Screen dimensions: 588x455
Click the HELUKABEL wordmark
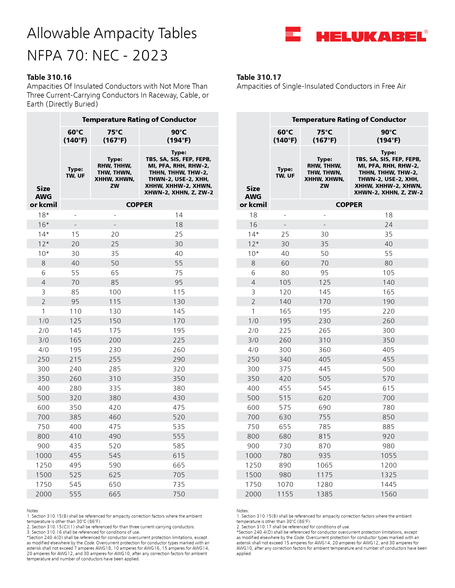(371, 37)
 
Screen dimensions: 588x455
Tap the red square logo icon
(293, 34)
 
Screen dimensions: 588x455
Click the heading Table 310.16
(49, 77)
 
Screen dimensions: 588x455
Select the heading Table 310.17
(259, 77)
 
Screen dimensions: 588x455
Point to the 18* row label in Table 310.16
(43, 215)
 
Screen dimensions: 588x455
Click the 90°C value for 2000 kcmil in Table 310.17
(388, 494)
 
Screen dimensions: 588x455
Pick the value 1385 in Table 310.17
(325, 494)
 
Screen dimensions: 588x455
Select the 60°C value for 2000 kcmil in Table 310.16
(75, 494)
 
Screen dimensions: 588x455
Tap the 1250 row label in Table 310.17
(253, 465)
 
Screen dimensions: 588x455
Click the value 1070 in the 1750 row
(285, 484)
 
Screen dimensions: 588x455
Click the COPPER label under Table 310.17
(349, 205)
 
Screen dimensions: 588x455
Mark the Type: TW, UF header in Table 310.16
(75, 172)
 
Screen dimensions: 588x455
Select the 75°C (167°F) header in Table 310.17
(325, 136)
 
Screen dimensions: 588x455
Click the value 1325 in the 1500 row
(388, 475)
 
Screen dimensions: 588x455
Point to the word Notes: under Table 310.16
(33, 511)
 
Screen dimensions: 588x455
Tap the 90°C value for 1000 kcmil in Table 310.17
(388, 456)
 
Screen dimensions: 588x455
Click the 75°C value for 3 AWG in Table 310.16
(115, 292)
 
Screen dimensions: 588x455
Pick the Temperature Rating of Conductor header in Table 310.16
(139, 120)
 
